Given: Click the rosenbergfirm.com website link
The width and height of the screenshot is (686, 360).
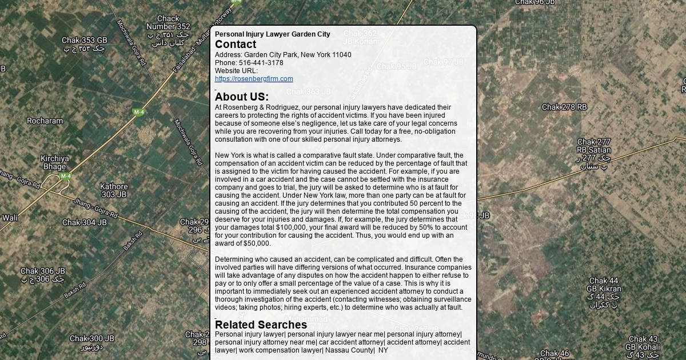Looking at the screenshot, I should (254, 79).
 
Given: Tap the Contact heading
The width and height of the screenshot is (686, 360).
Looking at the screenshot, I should (236, 45).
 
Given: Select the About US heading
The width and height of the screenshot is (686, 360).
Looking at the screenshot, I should (241, 97).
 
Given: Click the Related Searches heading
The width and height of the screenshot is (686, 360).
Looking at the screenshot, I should (261, 325).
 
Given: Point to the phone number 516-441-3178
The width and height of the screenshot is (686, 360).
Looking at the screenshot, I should (261, 63).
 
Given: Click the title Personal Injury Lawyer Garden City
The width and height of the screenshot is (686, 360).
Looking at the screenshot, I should (272, 34).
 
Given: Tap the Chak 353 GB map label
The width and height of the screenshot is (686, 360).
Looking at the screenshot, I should (84, 41).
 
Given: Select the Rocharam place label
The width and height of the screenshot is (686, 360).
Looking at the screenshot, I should (45, 121).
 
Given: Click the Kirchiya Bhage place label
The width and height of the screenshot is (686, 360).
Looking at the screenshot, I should (54, 163).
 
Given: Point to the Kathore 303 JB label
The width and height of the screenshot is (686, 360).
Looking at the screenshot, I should (114, 190).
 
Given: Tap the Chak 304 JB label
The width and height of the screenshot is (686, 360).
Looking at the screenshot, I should (84, 223).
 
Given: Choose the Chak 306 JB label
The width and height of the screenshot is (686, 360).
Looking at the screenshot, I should (43, 271).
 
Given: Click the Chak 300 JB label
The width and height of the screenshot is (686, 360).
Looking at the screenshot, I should (91, 339).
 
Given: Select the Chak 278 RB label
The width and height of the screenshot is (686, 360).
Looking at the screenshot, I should (564, 107).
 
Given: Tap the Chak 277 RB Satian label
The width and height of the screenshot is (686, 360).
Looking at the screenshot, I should (593, 146).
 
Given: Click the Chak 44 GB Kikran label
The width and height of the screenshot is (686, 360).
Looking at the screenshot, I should (604, 285).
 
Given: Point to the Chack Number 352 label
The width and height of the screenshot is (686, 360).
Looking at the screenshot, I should (168, 23).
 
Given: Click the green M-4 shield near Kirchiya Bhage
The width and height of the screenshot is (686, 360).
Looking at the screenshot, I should (66, 177).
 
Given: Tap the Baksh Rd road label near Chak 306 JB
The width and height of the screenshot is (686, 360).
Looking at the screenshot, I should (75, 290).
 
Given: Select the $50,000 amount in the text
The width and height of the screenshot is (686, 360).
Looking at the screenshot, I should (257, 243).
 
